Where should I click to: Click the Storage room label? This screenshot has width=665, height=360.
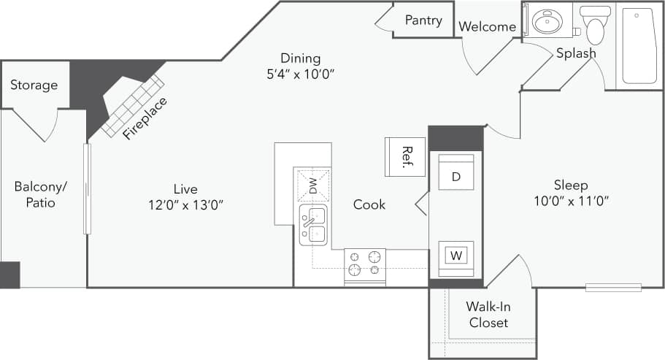coord(34,85)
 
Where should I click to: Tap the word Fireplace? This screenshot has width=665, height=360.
coord(145,118)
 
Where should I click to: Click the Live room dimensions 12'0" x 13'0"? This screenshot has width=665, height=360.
coord(185,204)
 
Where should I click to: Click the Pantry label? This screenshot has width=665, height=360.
coord(423,20)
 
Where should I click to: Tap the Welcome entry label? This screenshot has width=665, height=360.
coord(487,27)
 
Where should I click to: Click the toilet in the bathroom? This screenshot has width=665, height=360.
coord(596,26)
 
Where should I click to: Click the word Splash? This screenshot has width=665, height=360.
coord(576,53)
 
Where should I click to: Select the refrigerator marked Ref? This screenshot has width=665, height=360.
coord(399,156)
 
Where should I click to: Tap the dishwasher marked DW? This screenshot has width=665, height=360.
coord(312,185)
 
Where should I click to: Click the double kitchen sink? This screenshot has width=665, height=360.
coord(313,225)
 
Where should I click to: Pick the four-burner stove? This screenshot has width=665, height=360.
coord(364,264)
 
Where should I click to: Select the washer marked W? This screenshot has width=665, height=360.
coord(456,256)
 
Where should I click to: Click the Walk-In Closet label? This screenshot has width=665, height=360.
coord(488,315)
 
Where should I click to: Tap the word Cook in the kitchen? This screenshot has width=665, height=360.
coord(369,204)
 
